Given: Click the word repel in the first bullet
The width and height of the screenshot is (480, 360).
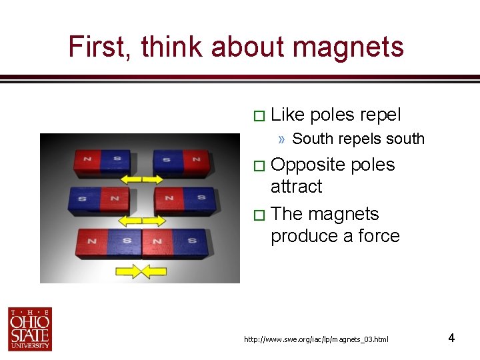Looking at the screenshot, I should pos(380,115).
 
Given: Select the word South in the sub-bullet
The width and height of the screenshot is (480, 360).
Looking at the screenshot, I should pos(314,139).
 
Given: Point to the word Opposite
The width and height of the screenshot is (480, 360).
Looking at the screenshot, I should pos(308,165).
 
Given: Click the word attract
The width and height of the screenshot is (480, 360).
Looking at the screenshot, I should pos(296,187).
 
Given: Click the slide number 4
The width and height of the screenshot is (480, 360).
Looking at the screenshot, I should pos(451,338).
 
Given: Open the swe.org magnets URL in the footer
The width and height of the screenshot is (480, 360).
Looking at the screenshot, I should pos(316,340).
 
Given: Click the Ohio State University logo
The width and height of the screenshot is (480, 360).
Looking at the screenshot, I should pos(30,329).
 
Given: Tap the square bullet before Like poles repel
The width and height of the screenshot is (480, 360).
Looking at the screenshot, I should pos(259,116).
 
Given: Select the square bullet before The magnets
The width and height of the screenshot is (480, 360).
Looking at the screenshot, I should pos(259,215).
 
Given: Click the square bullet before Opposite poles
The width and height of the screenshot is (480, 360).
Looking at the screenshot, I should pos(259,166).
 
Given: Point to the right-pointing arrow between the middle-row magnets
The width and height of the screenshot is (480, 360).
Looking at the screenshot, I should pos(157,221).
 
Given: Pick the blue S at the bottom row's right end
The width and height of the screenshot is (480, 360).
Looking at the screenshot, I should pos(192,241).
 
